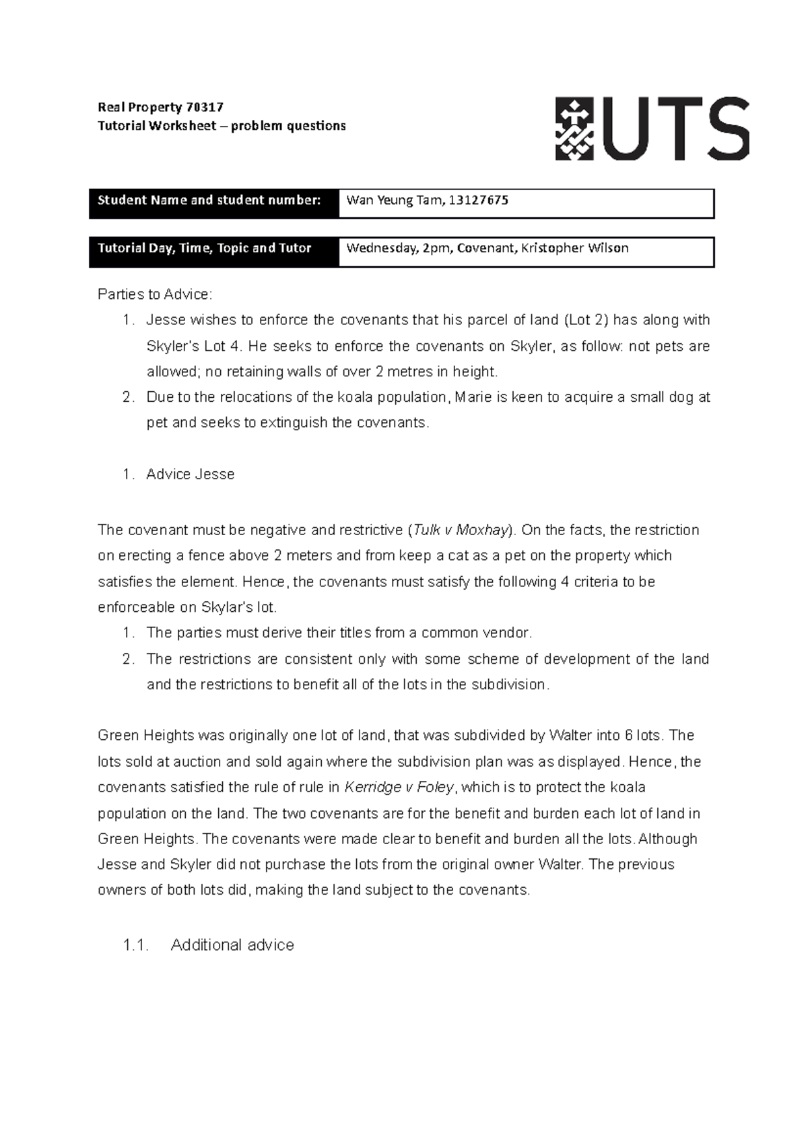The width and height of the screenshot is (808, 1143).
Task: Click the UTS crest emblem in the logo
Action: coord(574,129)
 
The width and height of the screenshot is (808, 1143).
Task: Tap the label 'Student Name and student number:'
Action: coord(209,200)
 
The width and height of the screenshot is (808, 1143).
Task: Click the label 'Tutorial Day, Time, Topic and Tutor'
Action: coord(205,248)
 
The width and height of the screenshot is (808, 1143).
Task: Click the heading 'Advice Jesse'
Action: coord(191,475)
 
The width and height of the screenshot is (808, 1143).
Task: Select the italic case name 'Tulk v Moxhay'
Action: coord(459,530)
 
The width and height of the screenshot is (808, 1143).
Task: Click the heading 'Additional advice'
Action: coord(232,945)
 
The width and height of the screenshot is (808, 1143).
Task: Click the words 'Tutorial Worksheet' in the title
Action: coord(158,126)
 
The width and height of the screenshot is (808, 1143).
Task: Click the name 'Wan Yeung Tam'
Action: coord(394,200)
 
